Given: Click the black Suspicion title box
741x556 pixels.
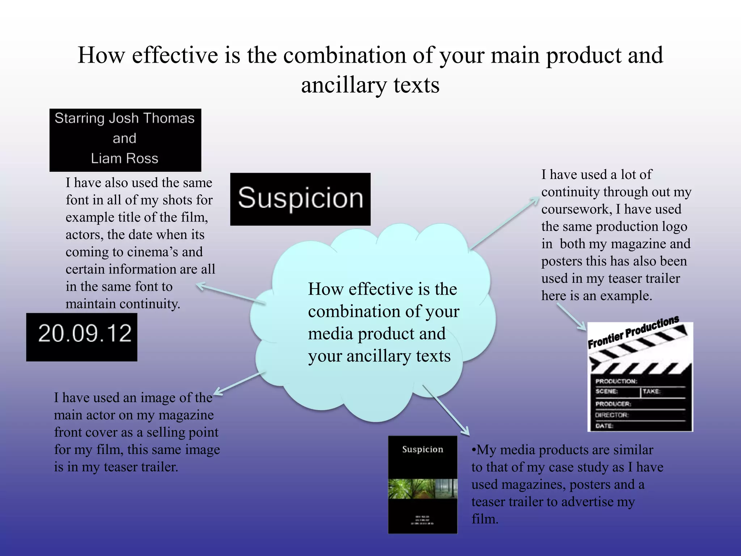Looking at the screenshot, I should click(300, 199).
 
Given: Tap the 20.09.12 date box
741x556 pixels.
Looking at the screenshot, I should click(82, 337).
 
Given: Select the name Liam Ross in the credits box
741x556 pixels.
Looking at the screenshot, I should click(124, 159).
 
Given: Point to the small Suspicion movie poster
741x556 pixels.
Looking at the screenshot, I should click(423, 484).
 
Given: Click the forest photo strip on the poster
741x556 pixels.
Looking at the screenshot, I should click(423, 489).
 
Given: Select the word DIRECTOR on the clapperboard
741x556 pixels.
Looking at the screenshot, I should click(612, 415).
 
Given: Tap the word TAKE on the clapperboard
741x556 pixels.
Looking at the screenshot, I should click(651, 391).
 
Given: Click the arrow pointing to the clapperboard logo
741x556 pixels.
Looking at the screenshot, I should click(572, 317).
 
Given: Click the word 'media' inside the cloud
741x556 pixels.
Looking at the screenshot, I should click(330, 334).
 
